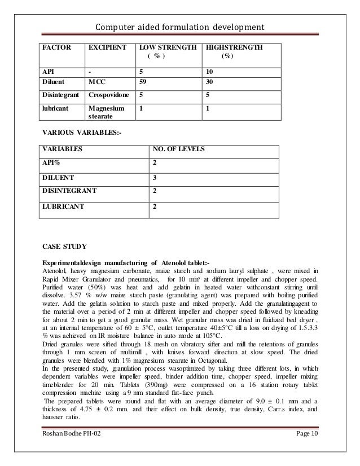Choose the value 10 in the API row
click(210, 72)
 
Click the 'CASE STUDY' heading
click(64, 246)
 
